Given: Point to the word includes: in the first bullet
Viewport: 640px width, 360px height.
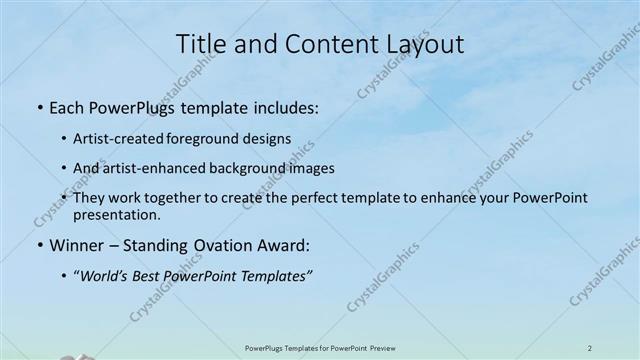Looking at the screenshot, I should click(282, 107).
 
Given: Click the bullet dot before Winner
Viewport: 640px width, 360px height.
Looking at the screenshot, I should click(39, 245).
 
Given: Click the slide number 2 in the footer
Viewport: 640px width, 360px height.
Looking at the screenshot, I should click(590, 348).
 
